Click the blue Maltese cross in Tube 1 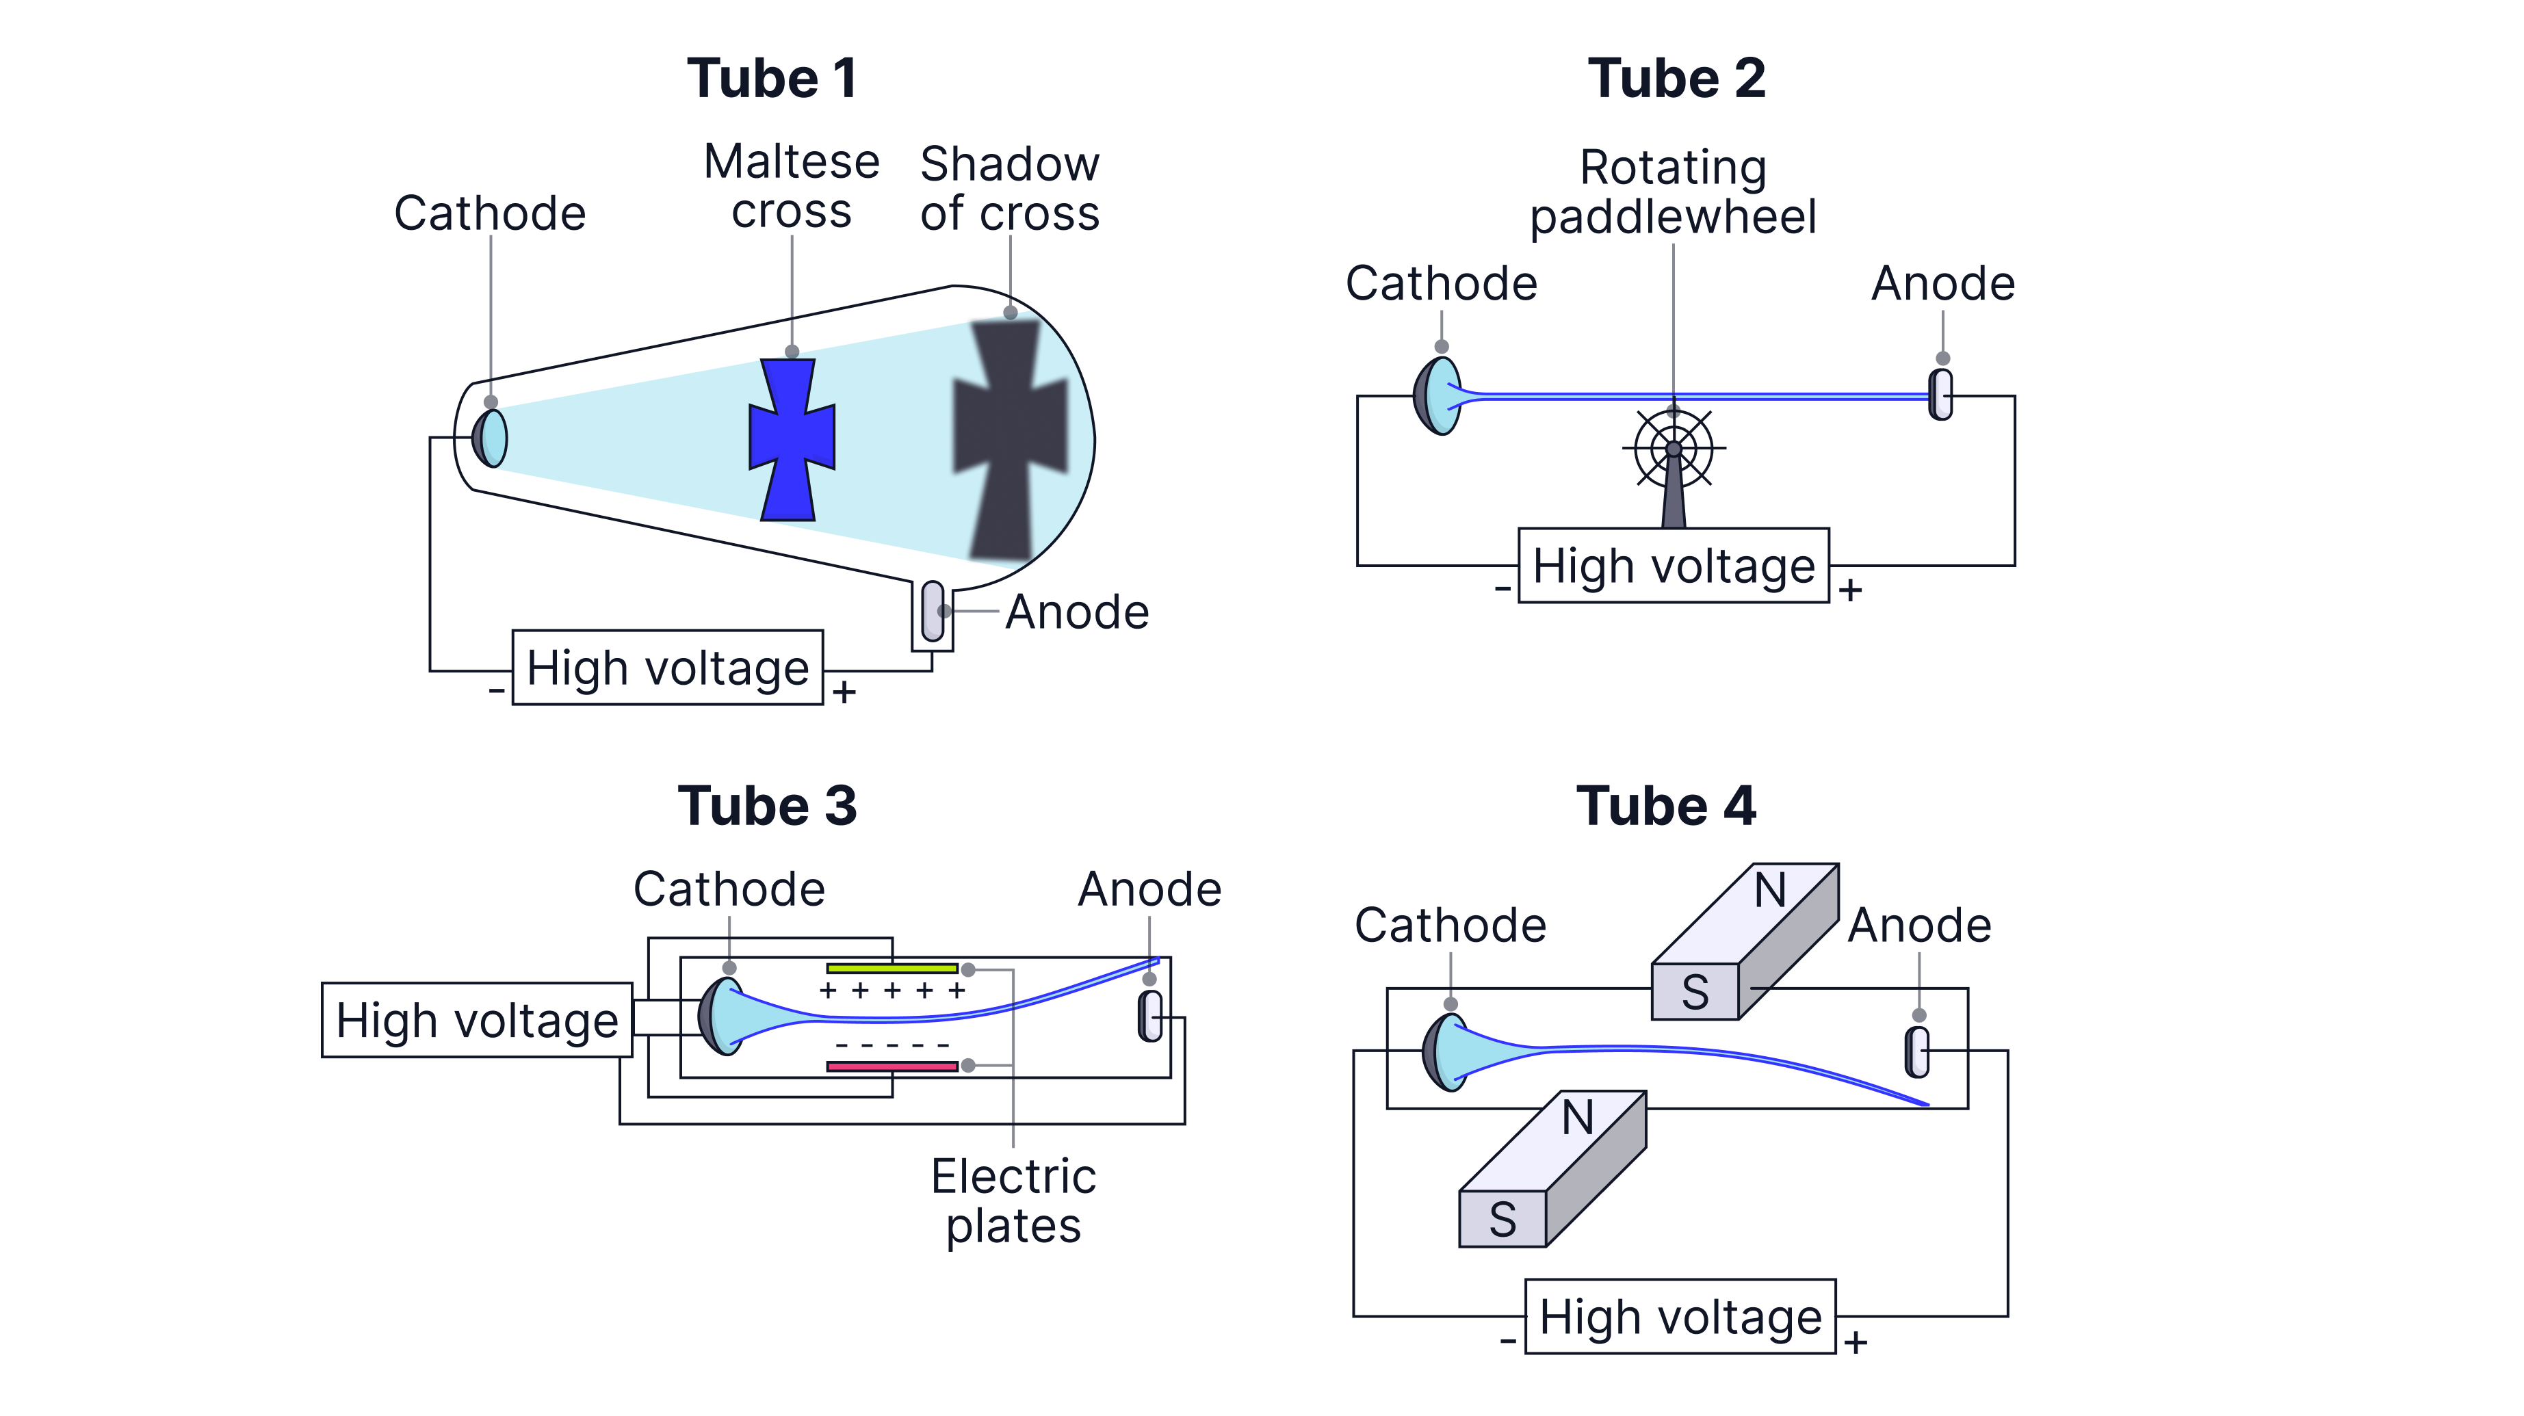[x=792, y=439]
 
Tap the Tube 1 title [x=772, y=79]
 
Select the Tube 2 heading [x=1676, y=79]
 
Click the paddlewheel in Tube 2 [x=1674, y=451]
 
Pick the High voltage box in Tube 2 [x=1674, y=566]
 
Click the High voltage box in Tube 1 [x=667, y=668]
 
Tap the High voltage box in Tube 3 [x=477, y=1020]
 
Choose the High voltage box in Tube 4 [x=1680, y=1316]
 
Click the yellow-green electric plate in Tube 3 [x=892, y=968]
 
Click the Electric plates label [x=1013, y=1201]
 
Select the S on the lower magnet [x=1502, y=1220]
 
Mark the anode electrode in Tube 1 [x=933, y=612]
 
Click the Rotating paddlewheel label [x=1674, y=192]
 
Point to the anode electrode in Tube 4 [x=1918, y=1051]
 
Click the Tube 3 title [x=767, y=807]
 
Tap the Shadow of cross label [x=1009, y=188]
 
